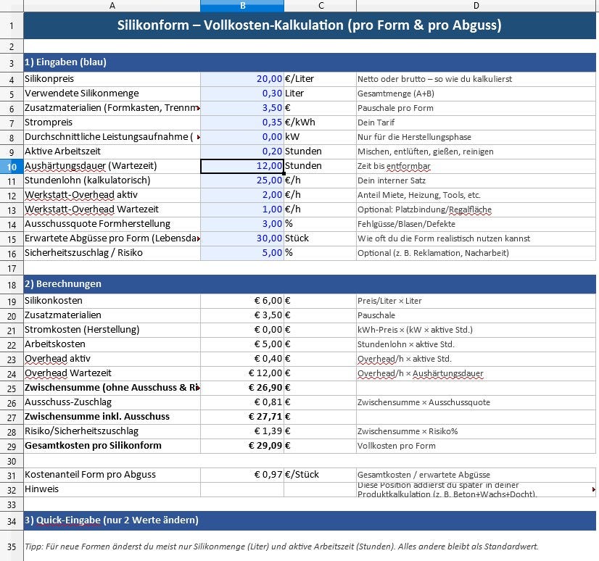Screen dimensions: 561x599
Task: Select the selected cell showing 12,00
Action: click(x=242, y=166)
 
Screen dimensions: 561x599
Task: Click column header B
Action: click(x=242, y=6)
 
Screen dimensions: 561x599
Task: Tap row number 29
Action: click(x=12, y=446)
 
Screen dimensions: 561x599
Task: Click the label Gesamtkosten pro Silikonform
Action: click(x=93, y=446)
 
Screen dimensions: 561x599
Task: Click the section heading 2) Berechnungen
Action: click(x=63, y=283)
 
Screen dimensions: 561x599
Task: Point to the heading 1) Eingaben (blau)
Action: click(x=65, y=62)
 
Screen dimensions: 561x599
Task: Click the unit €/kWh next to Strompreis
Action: click(x=299, y=122)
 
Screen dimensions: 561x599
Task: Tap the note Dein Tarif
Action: click(x=376, y=122)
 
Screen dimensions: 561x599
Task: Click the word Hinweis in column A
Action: click(x=41, y=489)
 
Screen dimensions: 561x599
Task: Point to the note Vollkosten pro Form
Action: click(x=396, y=446)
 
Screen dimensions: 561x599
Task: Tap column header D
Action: click(x=476, y=6)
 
